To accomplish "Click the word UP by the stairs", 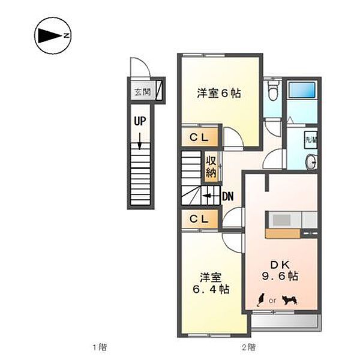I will pos(140,121).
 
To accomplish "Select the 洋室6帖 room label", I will pos(220,94).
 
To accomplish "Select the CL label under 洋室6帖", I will pos(199,137).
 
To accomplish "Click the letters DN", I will pos(227,196).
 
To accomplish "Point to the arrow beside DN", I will pos(209,195).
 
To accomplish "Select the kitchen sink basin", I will pos(281,220).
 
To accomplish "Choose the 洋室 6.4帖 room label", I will pos(211,284).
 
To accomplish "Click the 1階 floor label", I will pos(99,347).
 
